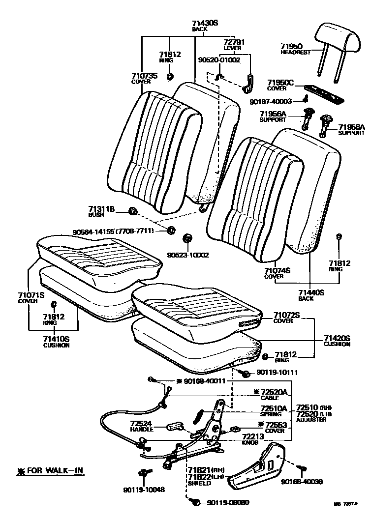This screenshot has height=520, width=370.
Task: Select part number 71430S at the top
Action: pyautogui.click(x=205, y=23)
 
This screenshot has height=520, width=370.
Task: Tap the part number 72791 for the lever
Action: pyautogui.click(x=234, y=42)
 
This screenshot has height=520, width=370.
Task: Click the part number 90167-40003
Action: pyautogui.click(x=271, y=101)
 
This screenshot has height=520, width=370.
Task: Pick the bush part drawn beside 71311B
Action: pyautogui.click(x=132, y=211)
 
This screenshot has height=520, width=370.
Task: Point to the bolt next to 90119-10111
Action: pyautogui.click(x=244, y=374)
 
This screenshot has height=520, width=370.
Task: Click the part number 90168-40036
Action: pyautogui.click(x=302, y=482)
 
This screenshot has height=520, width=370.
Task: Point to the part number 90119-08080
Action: pyautogui.click(x=228, y=502)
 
